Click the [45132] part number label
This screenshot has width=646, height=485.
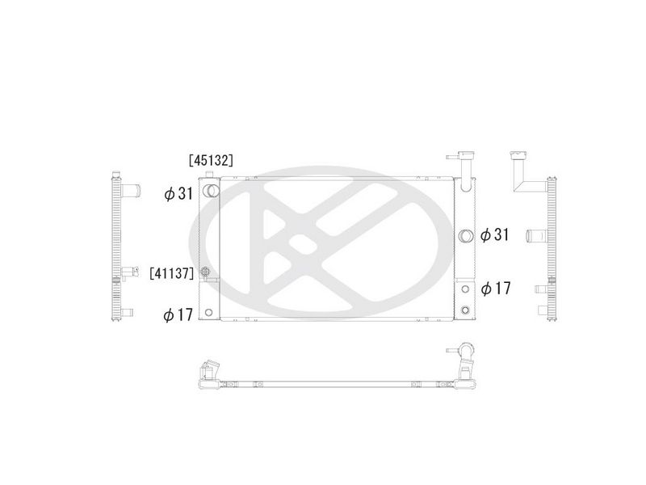coord(211,160)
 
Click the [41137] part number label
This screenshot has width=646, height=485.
coord(171,273)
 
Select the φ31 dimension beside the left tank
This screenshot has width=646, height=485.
coord(178,193)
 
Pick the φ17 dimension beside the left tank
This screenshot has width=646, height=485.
coord(178,315)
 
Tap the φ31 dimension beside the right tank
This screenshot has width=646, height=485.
coord(495,234)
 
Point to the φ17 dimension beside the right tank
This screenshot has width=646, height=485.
coord(496,289)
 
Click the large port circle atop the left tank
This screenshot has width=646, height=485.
coord(211,191)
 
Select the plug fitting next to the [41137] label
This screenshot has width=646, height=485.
coord(206,272)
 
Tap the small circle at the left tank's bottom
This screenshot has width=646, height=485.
coord(208,312)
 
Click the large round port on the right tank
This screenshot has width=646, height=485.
coord(466,235)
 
